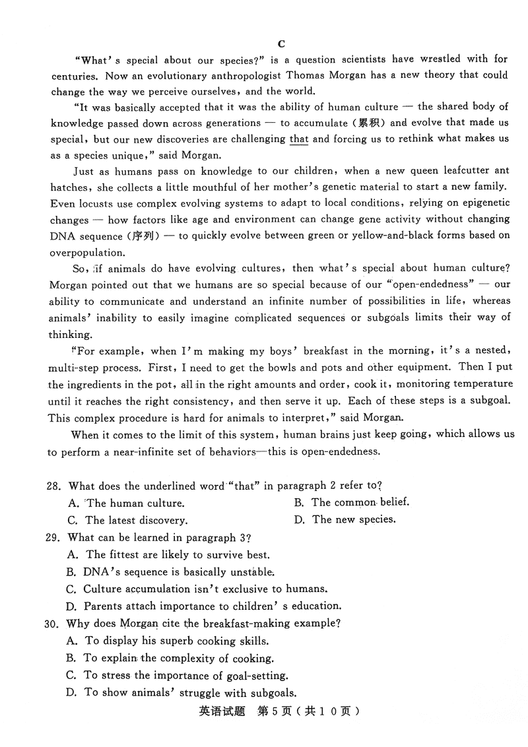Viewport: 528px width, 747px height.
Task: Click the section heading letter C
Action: (281, 44)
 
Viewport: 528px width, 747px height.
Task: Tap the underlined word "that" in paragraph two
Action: (299, 139)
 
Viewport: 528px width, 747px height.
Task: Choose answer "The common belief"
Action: (360, 502)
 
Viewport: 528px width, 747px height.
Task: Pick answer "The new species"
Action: (354, 519)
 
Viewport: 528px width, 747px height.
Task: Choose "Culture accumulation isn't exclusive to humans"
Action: (205, 589)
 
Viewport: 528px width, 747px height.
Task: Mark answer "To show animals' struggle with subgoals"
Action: (189, 693)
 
